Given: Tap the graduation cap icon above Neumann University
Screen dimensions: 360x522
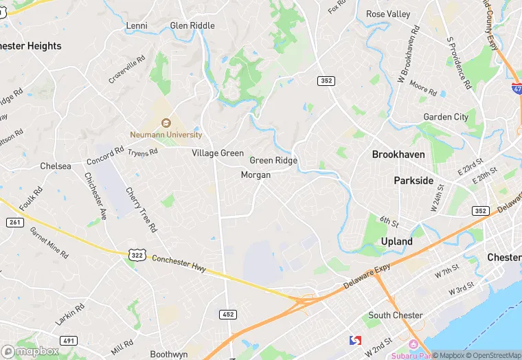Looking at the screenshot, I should (x=166, y=123).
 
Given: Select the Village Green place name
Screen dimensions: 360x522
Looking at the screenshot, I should (x=218, y=153).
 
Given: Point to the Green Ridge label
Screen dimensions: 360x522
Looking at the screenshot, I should (x=273, y=161).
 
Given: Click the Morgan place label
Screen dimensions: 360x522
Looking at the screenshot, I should (x=256, y=175).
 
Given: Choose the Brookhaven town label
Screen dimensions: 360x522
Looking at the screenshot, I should (x=398, y=155).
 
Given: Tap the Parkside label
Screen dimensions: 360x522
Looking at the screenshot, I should (x=413, y=181).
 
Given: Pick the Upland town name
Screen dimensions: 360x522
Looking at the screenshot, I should (x=397, y=242).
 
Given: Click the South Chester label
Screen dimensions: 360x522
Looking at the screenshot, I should (x=395, y=315).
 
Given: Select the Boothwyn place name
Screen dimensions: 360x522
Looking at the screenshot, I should (x=169, y=355).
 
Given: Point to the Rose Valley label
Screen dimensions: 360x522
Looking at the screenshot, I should (x=388, y=14).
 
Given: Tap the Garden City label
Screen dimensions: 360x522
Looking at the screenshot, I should (x=446, y=117).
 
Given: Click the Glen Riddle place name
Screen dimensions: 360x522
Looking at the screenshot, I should (x=192, y=26).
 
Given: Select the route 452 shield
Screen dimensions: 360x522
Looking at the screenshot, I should (x=229, y=314).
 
